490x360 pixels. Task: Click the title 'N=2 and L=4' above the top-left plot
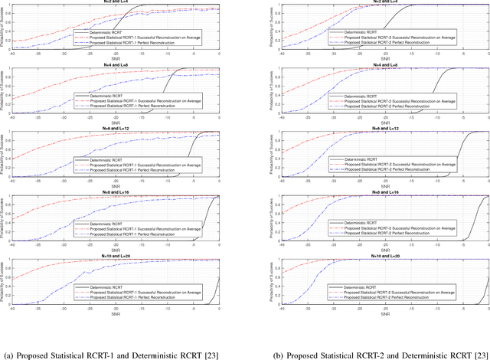click(117, 3)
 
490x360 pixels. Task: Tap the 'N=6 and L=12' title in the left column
click(117, 129)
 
